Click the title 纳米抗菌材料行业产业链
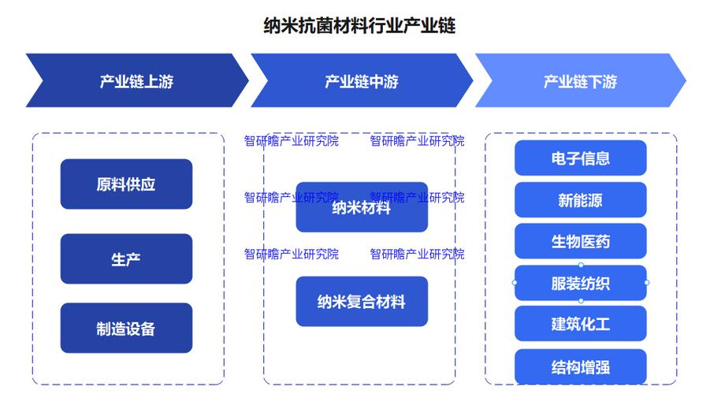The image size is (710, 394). tap(359, 26)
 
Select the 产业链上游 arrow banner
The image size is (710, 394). tap(136, 81)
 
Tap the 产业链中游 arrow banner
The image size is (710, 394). tap(361, 81)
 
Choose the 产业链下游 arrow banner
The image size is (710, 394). tap(580, 81)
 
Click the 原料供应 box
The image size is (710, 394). tap(126, 184)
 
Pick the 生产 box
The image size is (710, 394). tap(126, 258)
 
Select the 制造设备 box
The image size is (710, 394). tap(126, 328)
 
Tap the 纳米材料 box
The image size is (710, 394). tap(362, 208)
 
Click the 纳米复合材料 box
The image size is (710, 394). tap(362, 301)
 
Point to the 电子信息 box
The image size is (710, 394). tap(580, 158)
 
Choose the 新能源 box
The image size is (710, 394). tap(580, 200)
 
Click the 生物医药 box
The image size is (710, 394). tap(580, 241)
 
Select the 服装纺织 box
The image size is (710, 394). tap(580, 283)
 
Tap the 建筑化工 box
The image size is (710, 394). tap(580, 324)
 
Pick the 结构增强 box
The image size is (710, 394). tap(580, 366)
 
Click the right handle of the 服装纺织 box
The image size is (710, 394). tap(647, 282)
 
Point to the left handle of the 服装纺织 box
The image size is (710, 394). tap(515, 282)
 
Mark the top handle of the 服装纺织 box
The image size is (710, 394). tap(581, 266)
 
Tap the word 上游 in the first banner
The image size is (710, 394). tap(158, 81)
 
